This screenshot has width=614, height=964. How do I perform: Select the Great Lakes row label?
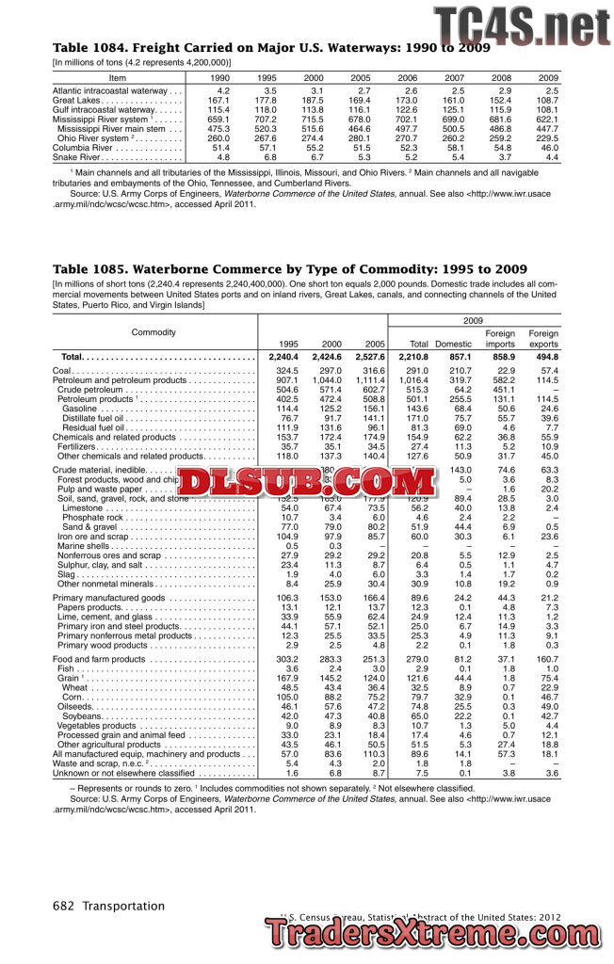76,100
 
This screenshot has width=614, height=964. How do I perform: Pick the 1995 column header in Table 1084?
267,77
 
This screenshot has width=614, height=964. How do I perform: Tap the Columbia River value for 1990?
220,148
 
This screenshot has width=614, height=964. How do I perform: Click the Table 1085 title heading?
289,270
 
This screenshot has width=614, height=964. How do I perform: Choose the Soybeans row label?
85,715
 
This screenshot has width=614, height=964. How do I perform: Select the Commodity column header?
153,332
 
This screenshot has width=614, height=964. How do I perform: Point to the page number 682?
65,906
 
